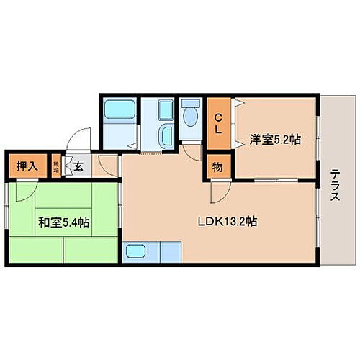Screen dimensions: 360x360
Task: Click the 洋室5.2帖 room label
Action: click(x=275, y=140)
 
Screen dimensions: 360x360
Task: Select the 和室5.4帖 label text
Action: click(x=64, y=222)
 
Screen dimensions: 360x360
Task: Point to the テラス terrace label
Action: click(x=336, y=188)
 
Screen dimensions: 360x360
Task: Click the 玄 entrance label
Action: click(x=78, y=166)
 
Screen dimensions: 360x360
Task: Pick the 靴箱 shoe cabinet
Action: click(x=57, y=166)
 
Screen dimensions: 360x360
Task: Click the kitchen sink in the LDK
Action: click(x=137, y=253)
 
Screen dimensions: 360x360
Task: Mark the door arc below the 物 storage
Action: click(x=220, y=192)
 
